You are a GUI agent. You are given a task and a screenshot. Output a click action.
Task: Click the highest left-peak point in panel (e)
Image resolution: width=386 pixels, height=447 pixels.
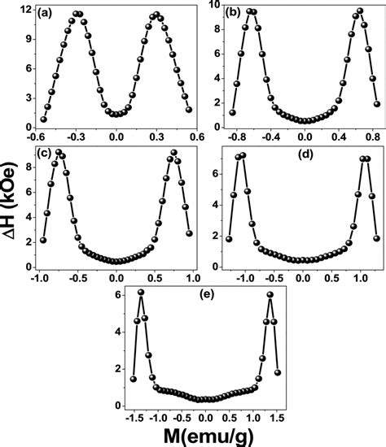pos(141,292)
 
